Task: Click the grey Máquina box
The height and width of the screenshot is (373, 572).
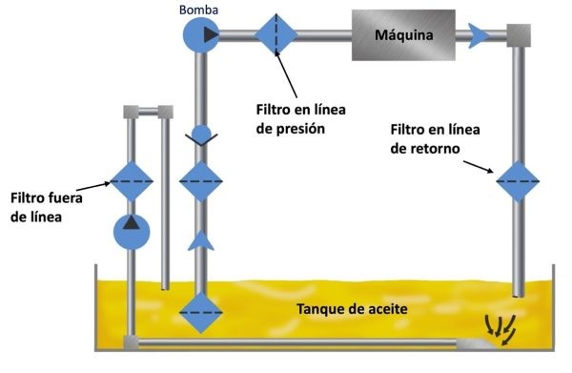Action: [x=403, y=35]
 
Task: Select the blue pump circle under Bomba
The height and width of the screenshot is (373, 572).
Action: [x=200, y=35]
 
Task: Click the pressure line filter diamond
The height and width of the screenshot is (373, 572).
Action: [x=276, y=34]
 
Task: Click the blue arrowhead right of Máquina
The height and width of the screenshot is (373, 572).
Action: [x=480, y=35]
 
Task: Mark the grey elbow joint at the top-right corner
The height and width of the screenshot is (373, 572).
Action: [x=519, y=35]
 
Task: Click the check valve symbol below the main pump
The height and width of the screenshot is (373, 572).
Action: [x=200, y=136]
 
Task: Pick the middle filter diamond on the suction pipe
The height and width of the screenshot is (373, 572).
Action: [x=200, y=180]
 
